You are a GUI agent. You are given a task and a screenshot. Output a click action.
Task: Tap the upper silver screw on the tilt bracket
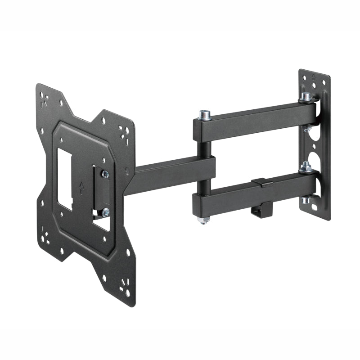(x=105, y=174)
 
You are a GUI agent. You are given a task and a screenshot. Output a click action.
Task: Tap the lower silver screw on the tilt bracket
(x=105, y=212)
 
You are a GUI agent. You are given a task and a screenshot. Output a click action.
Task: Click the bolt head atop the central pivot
(x=204, y=115)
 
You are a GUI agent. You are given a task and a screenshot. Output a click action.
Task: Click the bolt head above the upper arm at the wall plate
(x=306, y=97)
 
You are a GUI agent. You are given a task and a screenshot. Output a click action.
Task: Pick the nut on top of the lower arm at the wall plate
(x=306, y=168)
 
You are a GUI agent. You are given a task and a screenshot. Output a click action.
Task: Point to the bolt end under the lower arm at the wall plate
(x=306, y=200)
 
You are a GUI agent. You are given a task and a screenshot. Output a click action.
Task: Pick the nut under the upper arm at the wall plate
(x=307, y=129)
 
